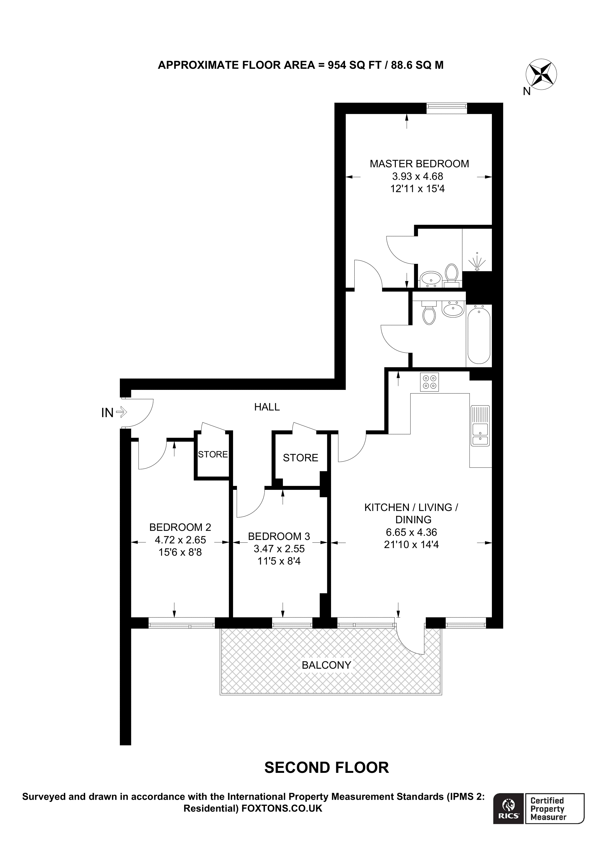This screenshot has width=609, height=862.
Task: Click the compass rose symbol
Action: point(541,74)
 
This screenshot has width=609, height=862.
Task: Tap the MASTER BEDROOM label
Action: point(419,164)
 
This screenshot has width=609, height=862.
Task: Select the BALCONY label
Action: point(326,665)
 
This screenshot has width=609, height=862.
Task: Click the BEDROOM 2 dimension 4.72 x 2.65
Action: point(180,540)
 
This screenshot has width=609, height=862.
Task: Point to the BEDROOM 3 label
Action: point(279,536)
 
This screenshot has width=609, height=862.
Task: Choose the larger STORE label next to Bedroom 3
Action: point(300,458)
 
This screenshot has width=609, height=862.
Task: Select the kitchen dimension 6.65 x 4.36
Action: point(411,532)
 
